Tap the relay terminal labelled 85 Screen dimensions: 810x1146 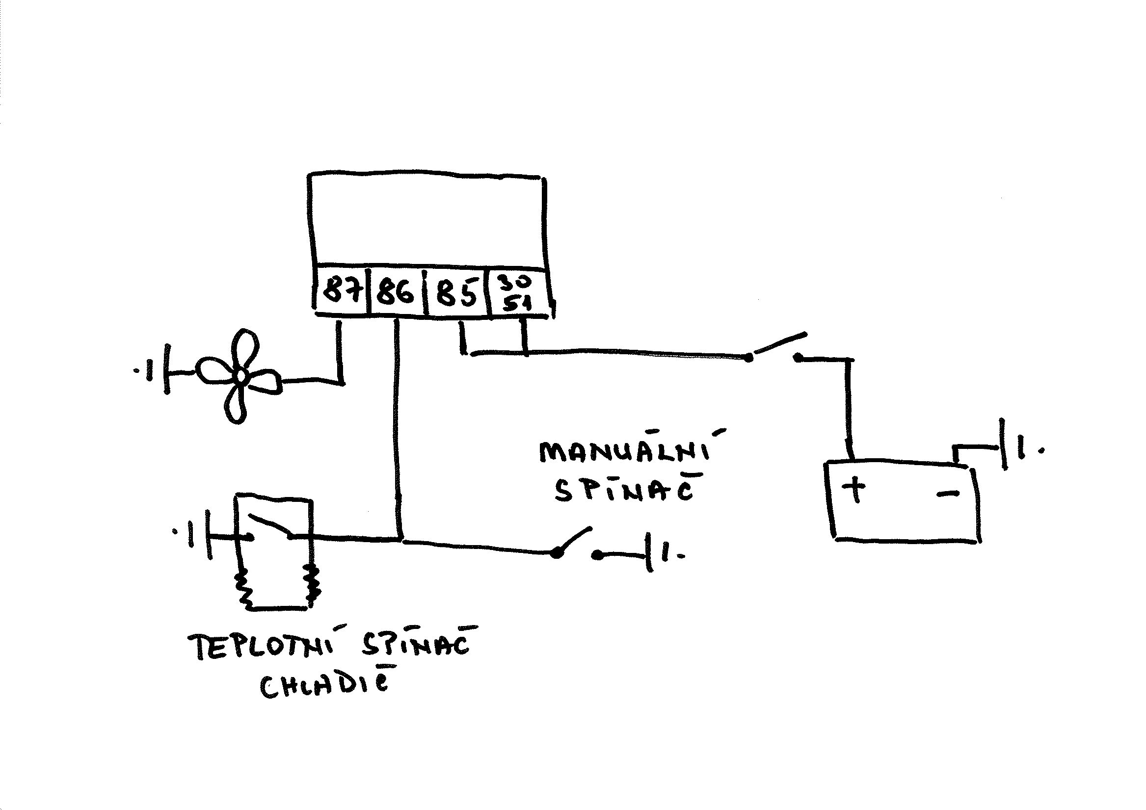[x=456, y=292]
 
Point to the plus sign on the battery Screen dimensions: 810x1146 [x=854, y=489]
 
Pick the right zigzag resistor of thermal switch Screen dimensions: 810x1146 [x=312, y=584]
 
